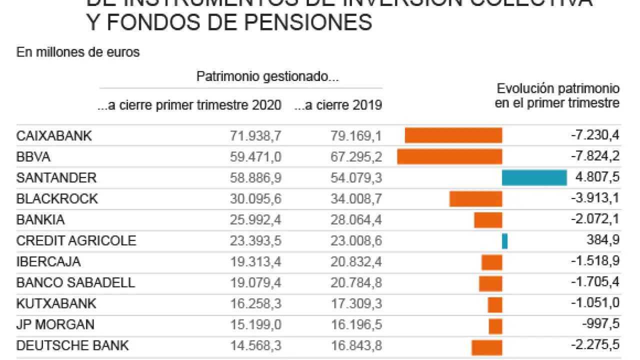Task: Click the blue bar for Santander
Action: (x=534, y=178)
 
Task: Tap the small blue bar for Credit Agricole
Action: (x=505, y=241)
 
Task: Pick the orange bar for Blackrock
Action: (x=475, y=199)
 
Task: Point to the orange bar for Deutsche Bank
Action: (x=486, y=346)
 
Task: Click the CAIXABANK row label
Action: (x=54, y=136)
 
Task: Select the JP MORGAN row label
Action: (x=55, y=325)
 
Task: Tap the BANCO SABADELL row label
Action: (x=75, y=283)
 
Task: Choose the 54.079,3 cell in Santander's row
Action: (x=356, y=178)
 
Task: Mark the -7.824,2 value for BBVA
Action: (x=595, y=157)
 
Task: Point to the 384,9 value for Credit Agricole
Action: (x=603, y=241)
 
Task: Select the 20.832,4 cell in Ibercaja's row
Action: (x=356, y=262)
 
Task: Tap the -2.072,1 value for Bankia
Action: (x=595, y=220)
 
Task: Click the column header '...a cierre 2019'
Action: (x=338, y=105)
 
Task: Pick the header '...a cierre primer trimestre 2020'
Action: (x=189, y=105)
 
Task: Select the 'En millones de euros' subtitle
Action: (x=78, y=52)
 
